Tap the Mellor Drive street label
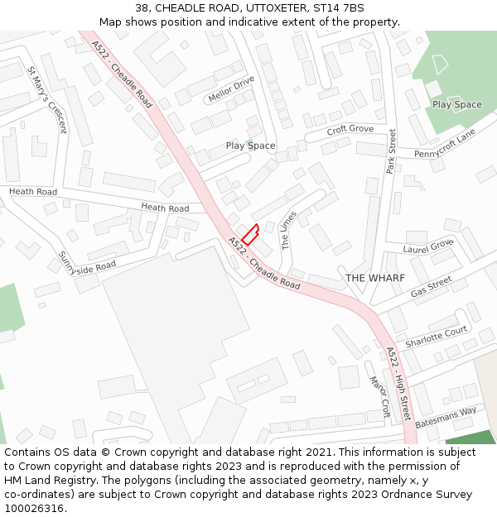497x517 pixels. point(231,89)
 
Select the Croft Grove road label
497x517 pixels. point(350,129)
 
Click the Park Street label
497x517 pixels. point(392,151)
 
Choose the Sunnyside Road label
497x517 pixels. point(87,259)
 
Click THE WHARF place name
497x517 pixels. point(375,278)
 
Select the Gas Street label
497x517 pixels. point(431,287)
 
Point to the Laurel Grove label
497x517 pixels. point(428,246)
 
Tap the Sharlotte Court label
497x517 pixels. point(437,336)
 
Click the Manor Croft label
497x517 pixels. point(379,396)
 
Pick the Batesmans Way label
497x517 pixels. point(446,416)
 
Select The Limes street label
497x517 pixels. point(289,230)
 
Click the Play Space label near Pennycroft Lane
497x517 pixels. point(456,104)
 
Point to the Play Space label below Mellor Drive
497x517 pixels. point(250,146)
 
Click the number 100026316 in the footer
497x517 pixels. point(34,508)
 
